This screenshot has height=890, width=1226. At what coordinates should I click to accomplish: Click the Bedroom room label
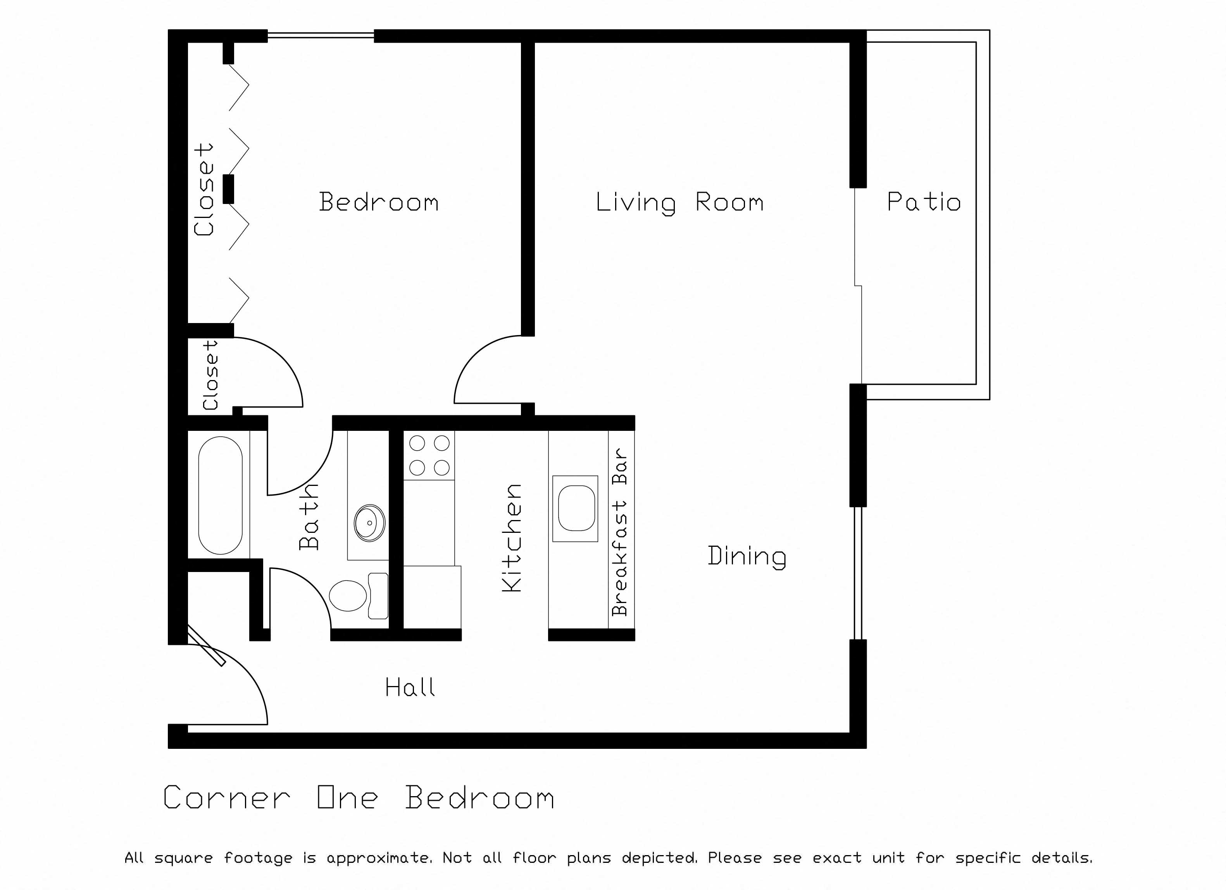click(378, 202)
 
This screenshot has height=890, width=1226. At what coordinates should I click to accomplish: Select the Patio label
click(923, 202)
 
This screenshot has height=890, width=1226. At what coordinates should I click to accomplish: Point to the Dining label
click(747, 556)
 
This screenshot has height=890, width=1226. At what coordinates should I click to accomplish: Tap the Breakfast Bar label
click(620, 532)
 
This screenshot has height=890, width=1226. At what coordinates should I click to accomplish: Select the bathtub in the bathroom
click(220, 495)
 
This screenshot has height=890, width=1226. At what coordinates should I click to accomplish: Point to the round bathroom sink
click(369, 523)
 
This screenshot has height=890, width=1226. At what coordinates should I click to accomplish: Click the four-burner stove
click(429, 455)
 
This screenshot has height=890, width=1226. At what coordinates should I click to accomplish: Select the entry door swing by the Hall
click(238, 681)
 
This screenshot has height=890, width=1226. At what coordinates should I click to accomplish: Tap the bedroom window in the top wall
click(321, 36)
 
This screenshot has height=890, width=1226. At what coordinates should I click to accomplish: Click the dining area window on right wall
click(858, 573)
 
